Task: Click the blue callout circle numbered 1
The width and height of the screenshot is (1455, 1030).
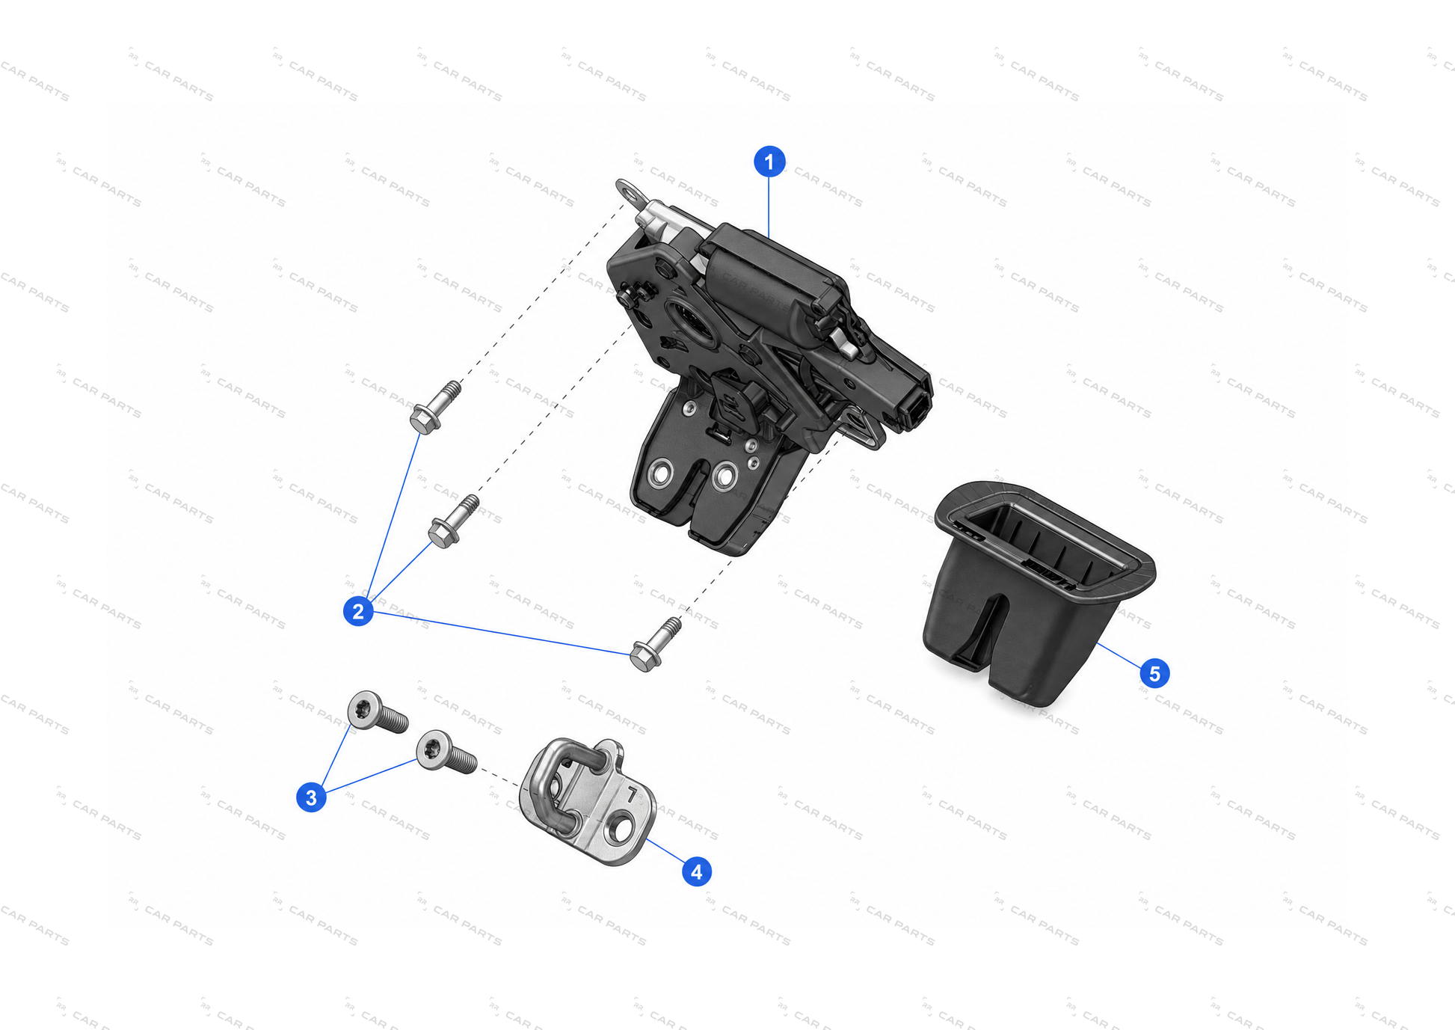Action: [769, 162]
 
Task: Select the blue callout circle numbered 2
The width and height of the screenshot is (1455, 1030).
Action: [358, 611]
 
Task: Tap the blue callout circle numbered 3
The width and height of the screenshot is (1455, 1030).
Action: [311, 797]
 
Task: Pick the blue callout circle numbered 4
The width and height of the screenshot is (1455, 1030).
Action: [696, 871]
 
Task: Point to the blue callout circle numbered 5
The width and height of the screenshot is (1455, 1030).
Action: [1154, 673]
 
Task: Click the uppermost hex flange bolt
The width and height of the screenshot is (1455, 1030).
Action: [435, 408]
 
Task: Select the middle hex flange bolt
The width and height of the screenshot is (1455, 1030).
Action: [453, 521]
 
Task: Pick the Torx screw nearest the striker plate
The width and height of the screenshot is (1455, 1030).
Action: [446, 752]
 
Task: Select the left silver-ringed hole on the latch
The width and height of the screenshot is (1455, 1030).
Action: [662, 472]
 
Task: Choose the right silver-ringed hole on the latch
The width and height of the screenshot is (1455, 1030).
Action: [725, 476]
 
